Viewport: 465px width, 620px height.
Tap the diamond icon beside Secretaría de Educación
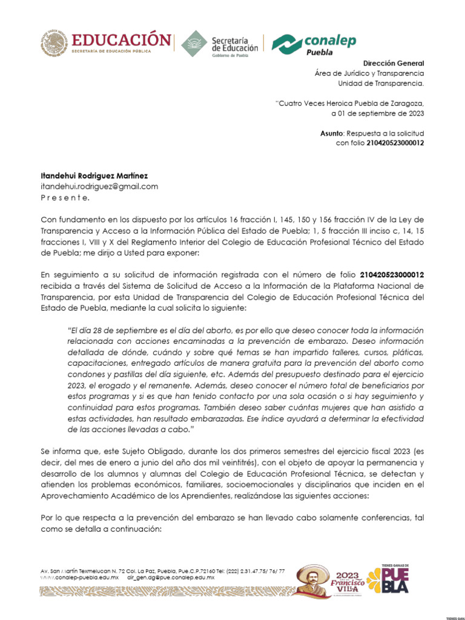(194, 43)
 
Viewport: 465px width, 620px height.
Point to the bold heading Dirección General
(394, 64)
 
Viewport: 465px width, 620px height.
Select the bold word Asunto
(332, 133)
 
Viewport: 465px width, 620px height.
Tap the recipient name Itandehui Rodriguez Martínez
(94, 176)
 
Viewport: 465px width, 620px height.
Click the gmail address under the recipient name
(99, 186)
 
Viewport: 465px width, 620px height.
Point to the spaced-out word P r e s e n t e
(65, 197)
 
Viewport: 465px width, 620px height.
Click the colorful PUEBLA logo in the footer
(396, 581)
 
